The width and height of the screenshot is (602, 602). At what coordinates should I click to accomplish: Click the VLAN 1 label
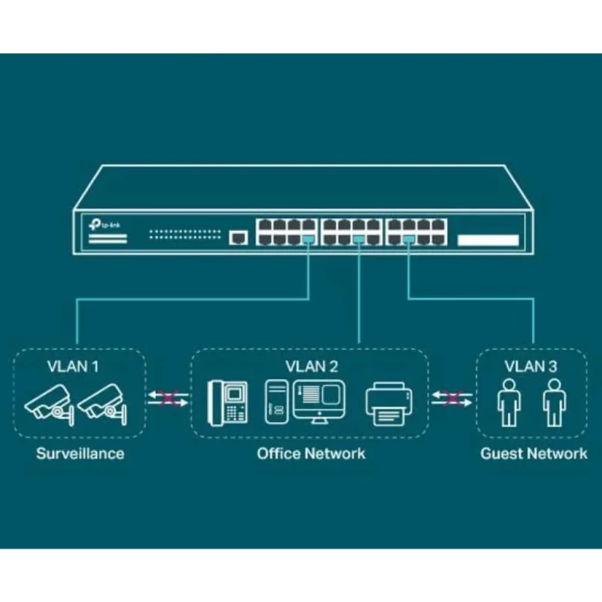73,367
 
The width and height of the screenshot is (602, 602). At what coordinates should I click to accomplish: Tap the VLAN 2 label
312,367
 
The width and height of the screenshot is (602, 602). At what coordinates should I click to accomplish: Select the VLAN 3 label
530,367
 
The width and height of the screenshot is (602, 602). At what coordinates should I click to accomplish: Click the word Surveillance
80,453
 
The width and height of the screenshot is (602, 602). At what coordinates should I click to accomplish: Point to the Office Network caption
311,453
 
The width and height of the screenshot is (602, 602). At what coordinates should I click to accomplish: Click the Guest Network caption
533,453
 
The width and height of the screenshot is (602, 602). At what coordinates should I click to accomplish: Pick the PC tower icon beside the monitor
277,402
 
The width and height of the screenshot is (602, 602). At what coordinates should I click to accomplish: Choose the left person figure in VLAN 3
509,403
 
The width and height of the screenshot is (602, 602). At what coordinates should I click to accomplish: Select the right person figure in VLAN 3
553,403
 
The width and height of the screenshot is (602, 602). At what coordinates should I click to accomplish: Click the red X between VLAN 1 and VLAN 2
168,399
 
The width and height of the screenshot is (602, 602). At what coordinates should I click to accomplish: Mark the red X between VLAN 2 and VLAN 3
452,399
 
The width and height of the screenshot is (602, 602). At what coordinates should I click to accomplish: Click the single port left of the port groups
238,237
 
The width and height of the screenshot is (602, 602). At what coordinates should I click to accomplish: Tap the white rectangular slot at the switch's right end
488,240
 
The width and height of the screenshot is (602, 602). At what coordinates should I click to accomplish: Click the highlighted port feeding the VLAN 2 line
359,238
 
